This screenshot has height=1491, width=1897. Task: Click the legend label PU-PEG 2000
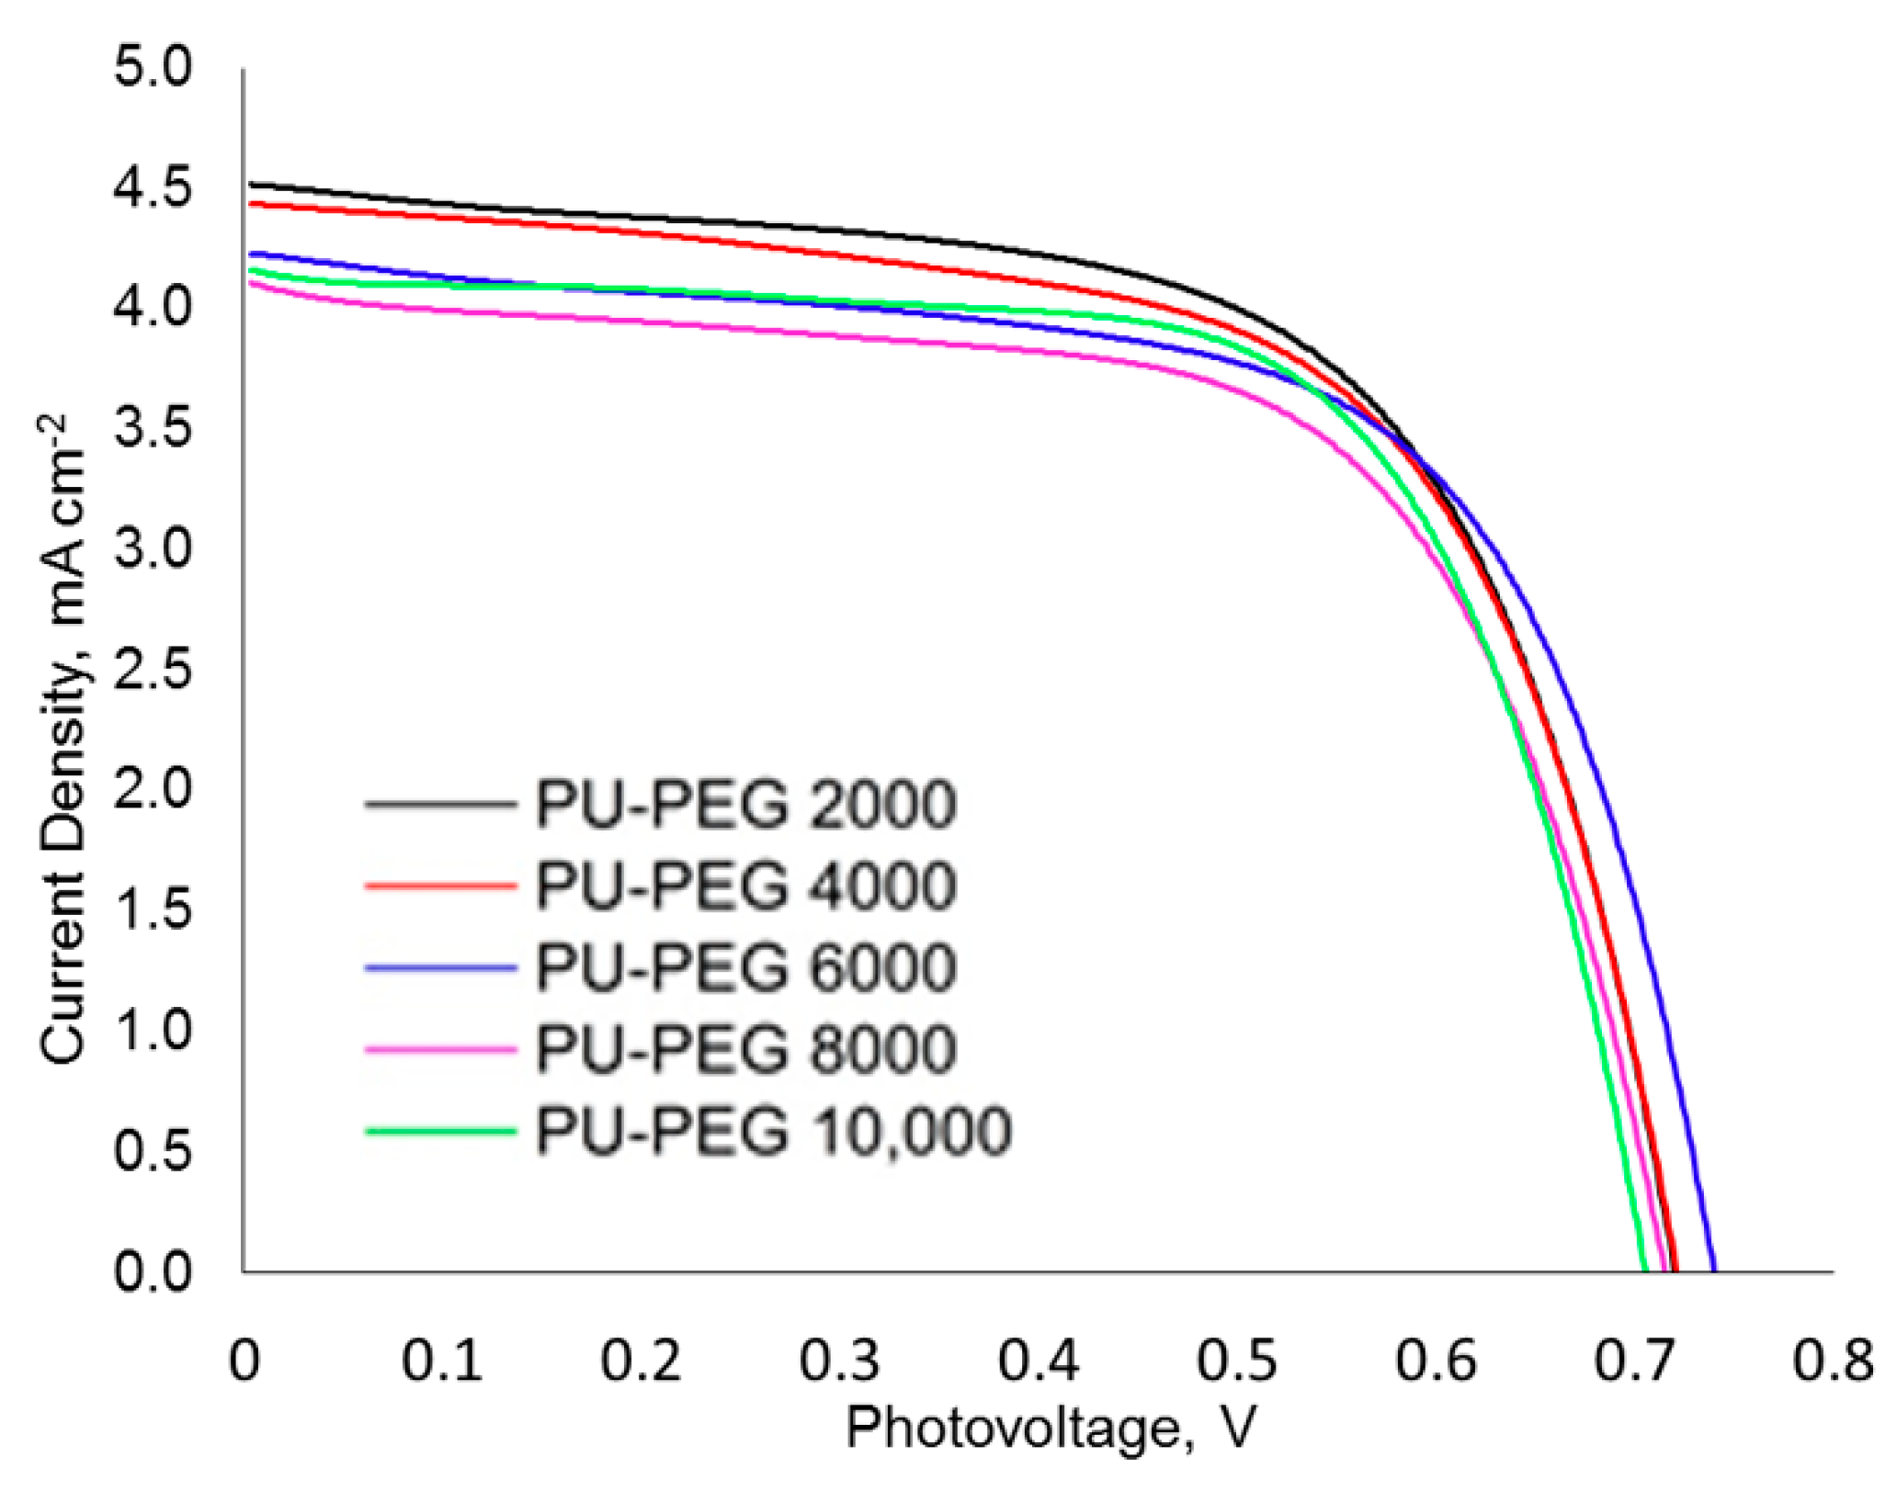[x=745, y=805]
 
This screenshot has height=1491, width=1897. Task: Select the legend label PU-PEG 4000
[x=745, y=887]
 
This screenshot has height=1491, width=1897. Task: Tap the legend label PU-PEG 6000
[x=745, y=968]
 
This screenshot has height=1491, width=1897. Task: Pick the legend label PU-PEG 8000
[x=745, y=1049]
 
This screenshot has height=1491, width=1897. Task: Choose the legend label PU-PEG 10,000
[x=773, y=1131]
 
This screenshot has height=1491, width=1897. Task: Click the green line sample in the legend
[x=440, y=1131]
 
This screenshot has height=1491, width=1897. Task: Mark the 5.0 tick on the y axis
[x=153, y=68]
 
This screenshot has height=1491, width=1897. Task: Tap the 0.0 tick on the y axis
[x=153, y=1272]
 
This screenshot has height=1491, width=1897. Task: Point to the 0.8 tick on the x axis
[x=1833, y=1360]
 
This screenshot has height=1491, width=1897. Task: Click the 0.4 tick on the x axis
[x=1038, y=1360]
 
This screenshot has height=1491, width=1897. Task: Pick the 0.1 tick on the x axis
[x=441, y=1360]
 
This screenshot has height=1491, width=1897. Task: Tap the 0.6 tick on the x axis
[x=1436, y=1360]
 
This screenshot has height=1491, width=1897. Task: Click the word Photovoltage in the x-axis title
[x=1012, y=1429]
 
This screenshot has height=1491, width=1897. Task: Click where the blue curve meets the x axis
[x=1714, y=1271]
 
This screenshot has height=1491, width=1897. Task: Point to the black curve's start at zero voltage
[x=248, y=184]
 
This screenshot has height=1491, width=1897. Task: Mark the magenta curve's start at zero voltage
[x=248, y=282]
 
